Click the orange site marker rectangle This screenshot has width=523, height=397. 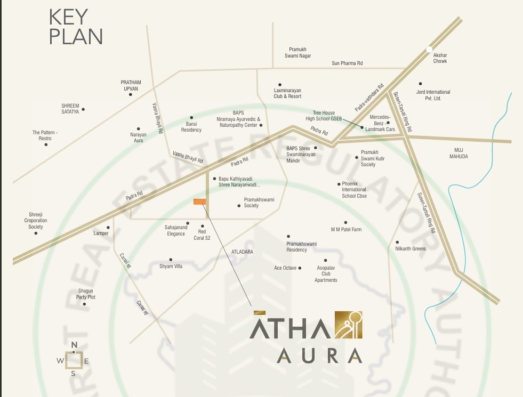point(199,201)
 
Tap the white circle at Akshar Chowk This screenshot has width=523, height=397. point(429,50)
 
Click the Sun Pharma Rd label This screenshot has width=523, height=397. point(347,63)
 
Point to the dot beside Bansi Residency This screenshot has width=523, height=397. point(191,118)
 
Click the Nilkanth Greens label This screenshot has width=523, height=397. point(411,249)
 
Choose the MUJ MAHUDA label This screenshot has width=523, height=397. point(458,153)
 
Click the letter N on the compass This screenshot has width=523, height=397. point(74,344)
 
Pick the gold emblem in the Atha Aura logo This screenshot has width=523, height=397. point(348,325)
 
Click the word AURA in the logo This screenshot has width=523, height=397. point(319,355)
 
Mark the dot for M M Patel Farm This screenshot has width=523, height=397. point(345,223)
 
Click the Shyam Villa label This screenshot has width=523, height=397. point(171,266)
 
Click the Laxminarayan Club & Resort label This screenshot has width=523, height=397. point(287,93)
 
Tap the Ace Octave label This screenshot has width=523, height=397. point(285,268)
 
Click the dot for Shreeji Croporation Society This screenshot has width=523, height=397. point(36,233)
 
